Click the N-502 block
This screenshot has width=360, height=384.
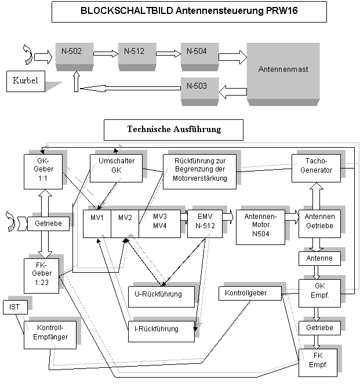tap(75, 54)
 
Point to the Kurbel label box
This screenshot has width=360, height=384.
tap(26, 81)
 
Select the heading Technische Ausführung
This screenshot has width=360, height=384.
tap(173, 130)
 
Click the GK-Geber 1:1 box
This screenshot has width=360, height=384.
tap(43, 170)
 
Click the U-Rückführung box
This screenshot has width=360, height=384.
tap(158, 294)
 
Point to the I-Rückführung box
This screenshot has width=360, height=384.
tap(157, 329)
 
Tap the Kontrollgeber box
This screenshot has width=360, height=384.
tap(250, 293)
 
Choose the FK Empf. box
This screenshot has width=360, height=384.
tap(317, 360)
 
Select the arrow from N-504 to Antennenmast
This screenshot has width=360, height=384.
tap(232, 57)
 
